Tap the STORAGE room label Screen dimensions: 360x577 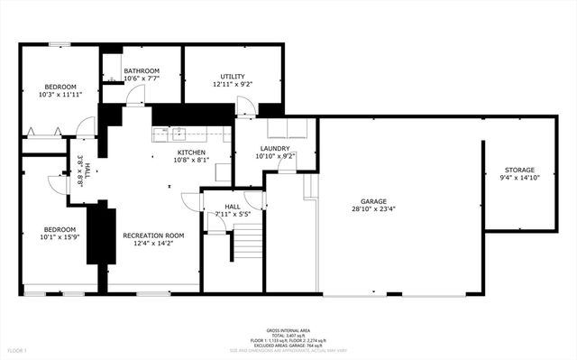coord(519,170)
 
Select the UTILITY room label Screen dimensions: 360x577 coord(233,77)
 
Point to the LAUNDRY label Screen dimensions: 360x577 coord(275,148)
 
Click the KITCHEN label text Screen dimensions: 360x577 coord(191,152)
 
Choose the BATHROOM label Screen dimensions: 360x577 coord(142,71)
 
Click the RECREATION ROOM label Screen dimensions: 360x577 coord(153,235)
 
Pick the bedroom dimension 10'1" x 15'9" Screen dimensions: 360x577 coord(60,238)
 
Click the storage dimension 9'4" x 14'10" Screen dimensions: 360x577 coord(519,178)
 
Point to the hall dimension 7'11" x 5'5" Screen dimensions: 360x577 coord(232,214)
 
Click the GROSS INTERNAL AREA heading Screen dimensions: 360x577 coord(287,331)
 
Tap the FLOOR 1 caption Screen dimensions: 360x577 coord(17,349)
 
